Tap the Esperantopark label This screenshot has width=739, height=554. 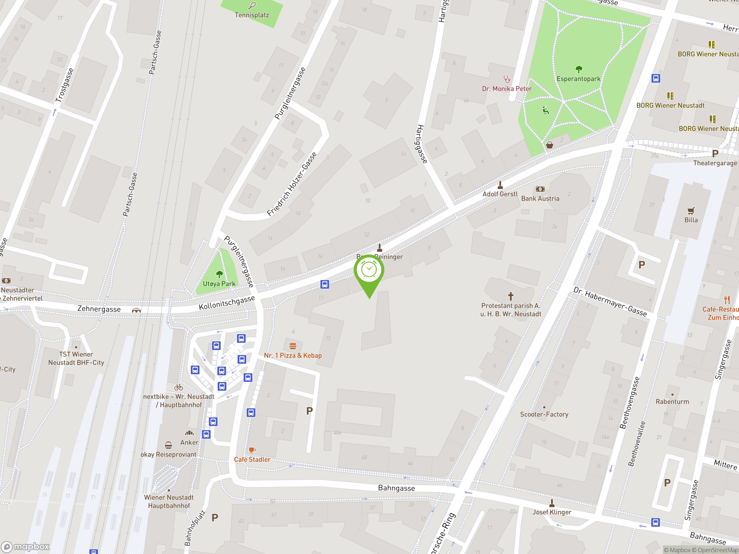(578, 79)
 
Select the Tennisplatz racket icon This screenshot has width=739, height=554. (252, 5)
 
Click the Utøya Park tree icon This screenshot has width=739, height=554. (219, 274)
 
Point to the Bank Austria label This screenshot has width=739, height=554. (540, 198)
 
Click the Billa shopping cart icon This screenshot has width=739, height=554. (691, 211)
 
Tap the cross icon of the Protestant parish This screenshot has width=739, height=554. (510, 296)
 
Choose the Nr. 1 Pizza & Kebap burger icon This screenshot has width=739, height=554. (293, 346)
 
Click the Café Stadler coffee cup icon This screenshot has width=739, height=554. (252, 450)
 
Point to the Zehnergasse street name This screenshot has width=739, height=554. (99, 309)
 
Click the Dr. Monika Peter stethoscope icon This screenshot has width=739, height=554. (507, 79)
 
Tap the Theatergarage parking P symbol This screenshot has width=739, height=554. (715, 154)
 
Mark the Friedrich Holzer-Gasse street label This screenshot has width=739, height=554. (292, 184)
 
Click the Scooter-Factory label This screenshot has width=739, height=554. (544, 414)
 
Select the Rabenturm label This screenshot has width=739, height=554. (672, 401)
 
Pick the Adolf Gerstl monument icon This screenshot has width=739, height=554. (500, 185)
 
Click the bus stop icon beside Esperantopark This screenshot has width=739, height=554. (656, 78)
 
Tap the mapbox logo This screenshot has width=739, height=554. (25, 547)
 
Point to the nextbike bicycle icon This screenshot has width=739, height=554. (179, 387)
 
